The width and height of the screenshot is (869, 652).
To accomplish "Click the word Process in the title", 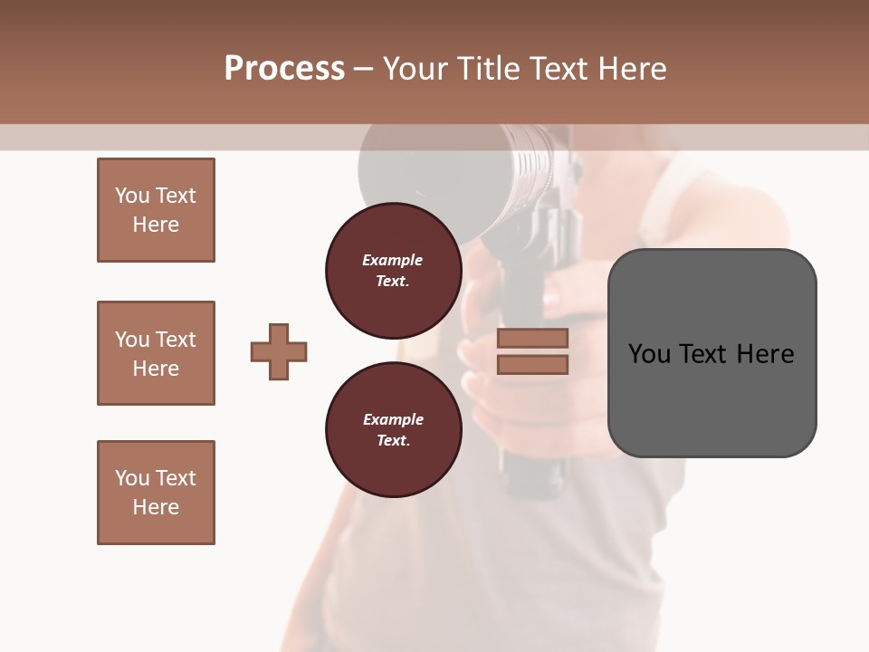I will (x=284, y=69).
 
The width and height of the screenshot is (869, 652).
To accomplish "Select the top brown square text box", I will (x=156, y=210).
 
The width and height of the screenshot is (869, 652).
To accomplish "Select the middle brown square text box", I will (x=156, y=353).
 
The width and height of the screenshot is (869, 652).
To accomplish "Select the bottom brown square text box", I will (x=156, y=493).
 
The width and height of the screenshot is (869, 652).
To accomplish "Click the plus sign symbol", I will (x=279, y=351).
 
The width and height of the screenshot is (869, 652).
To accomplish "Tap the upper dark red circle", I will (x=392, y=269).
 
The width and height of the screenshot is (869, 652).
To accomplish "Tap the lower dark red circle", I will (x=392, y=429).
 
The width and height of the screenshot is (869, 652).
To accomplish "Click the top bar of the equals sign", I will (x=532, y=338).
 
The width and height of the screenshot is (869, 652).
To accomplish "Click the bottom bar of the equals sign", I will (x=532, y=364).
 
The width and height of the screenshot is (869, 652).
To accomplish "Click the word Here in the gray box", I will (x=765, y=353).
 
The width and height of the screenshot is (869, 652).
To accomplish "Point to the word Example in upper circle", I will (x=392, y=260).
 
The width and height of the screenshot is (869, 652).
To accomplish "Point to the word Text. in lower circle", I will (x=392, y=441).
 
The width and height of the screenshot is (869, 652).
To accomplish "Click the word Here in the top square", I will (x=156, y=225).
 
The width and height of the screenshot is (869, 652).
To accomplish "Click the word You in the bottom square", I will (x=132, y=478).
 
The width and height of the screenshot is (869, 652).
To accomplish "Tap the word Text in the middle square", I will (x=177, y=340).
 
